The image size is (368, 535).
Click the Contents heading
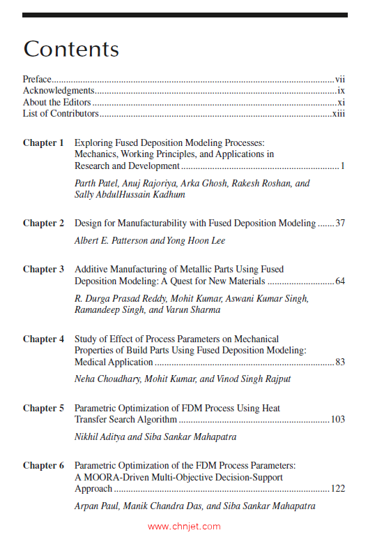[x=71, y=50]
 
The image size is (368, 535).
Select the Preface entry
[x=38, y=80]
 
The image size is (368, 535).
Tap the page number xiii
[x=339, y=113]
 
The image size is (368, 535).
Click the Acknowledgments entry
[x=58, y=91]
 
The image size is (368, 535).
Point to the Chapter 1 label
[x=43, y=143]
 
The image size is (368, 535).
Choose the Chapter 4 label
[x=43, y=339]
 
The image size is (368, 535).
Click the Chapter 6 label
[x=43, y=465]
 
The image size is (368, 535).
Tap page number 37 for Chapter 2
[x=340, y=223]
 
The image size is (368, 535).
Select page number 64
[x=340, y=281]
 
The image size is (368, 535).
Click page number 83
[x=340, y=362]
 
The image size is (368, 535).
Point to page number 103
[x=338, y=420]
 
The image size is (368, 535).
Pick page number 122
[x=338, y=489]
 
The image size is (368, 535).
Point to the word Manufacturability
[x=162, y=223]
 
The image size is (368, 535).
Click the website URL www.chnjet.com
[x=184, y=527]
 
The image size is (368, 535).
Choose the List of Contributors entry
[x=61, y=113]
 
